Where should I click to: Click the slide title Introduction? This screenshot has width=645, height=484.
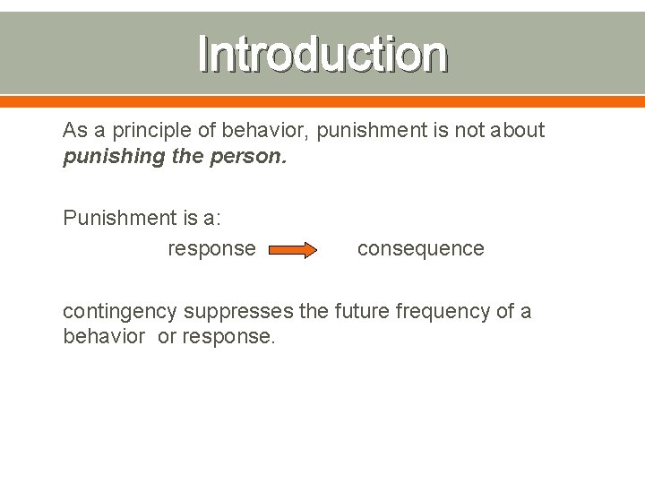coord(322,54)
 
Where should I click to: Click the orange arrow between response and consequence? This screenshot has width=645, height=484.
coord(292,249)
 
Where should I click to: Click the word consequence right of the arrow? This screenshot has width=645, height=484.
coord(420,248)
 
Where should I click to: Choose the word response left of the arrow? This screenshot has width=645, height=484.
coord(211,248)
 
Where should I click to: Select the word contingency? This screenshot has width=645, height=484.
coord(120,312)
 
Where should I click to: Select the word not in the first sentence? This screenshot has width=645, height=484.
coord(469,130)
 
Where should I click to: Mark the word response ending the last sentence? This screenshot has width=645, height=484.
coord(230,338)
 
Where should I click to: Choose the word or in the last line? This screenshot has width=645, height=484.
coord(167,337)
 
